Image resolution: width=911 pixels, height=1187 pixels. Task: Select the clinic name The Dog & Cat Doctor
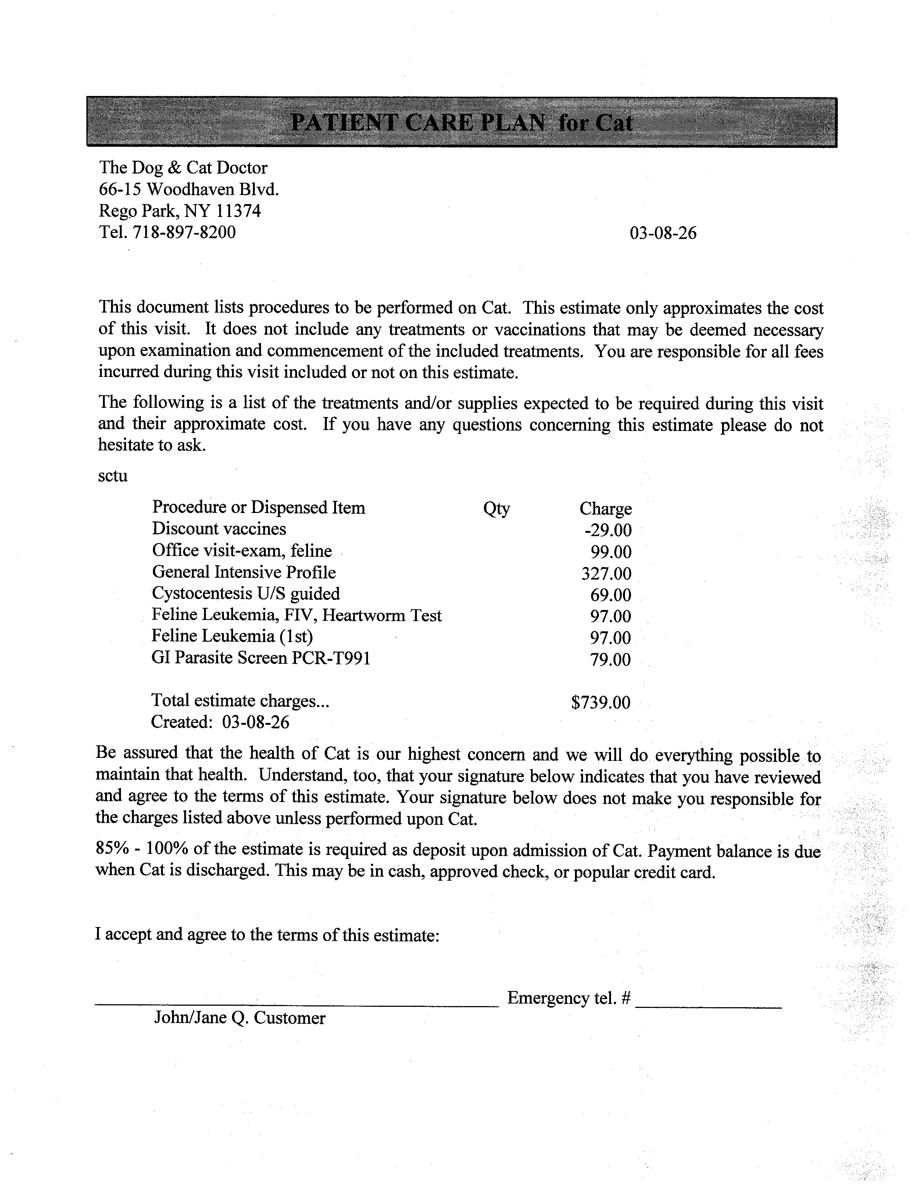[x=183, y=168]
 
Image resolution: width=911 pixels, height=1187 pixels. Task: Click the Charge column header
[x=605, y=509]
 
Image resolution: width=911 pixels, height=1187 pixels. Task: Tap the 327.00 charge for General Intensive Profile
[x=606, y=573]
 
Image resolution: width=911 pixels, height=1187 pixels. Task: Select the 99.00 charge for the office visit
[x=611, y=552]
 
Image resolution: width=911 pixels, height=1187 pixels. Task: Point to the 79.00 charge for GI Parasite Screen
[x=611, y=660]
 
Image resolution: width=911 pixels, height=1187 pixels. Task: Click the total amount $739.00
[x=601, y=703]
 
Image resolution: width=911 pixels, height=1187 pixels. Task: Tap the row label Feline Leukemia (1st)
[x=232, y=636]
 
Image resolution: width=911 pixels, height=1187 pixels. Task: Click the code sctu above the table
[x=113, y=476]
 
